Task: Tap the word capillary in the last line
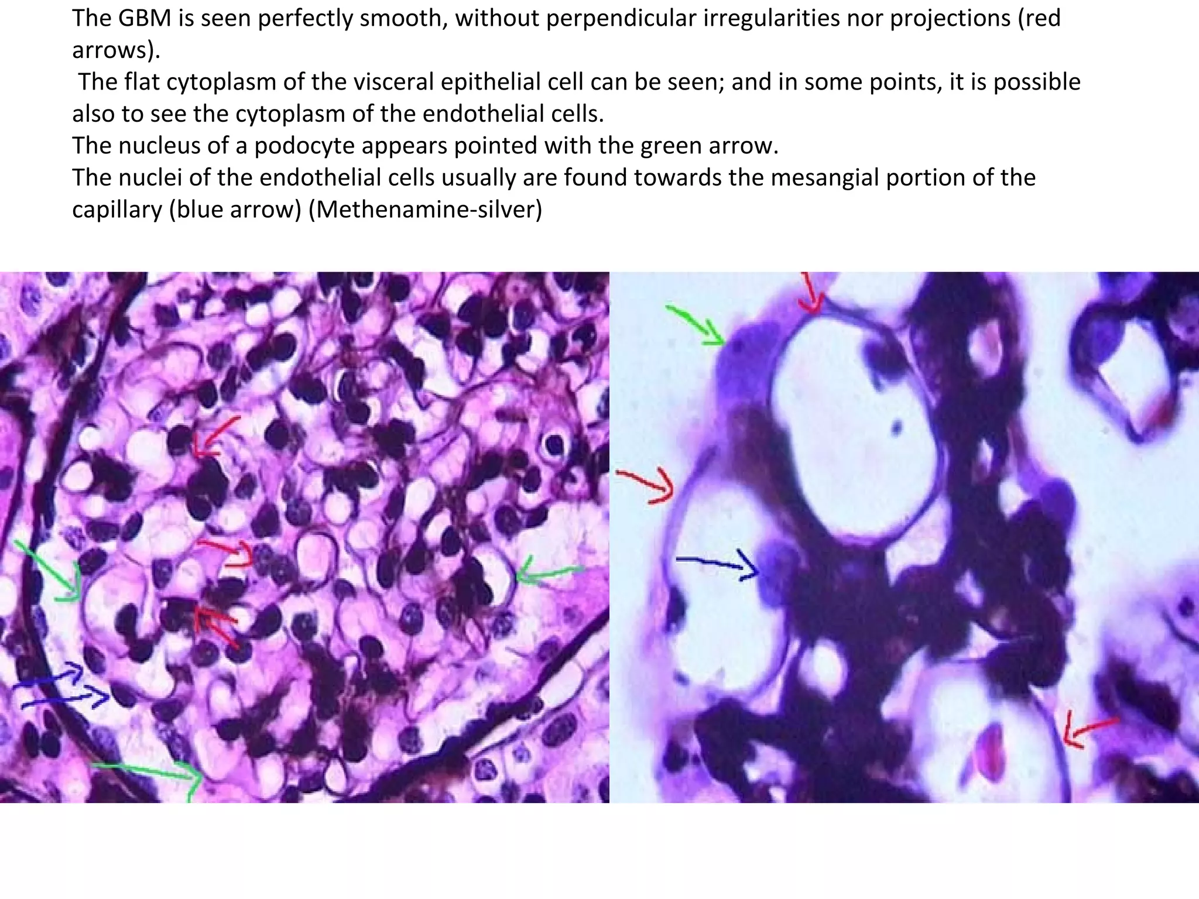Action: coord(117,209)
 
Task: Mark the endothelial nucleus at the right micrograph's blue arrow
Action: coord(776,568)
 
